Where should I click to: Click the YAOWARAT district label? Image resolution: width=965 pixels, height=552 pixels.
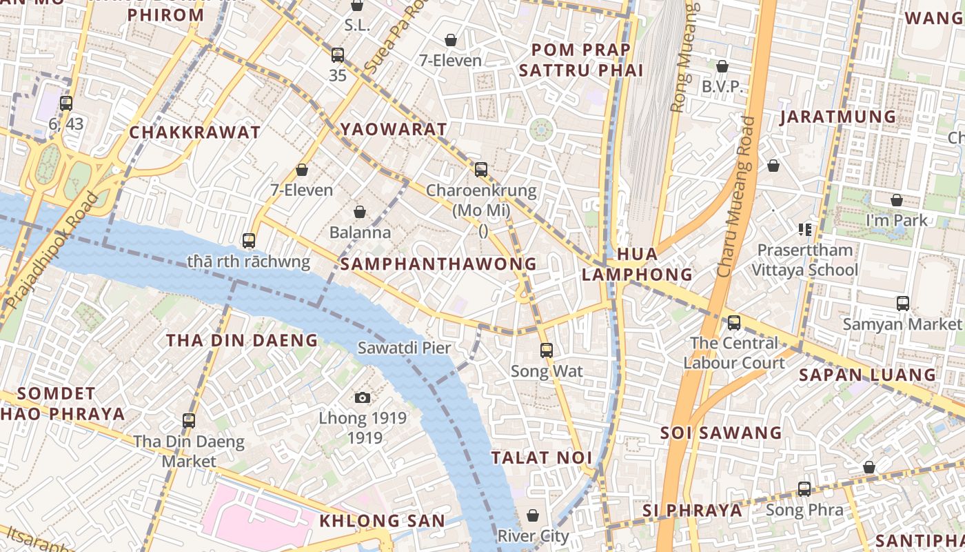[394, 129]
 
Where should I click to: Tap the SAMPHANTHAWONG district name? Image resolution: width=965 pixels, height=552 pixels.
[438, 264]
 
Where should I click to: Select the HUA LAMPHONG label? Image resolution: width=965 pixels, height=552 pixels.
[637, 264]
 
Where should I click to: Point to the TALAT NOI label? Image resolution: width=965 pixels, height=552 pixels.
[542, 457]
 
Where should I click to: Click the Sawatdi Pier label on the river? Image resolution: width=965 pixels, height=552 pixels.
[404, 348]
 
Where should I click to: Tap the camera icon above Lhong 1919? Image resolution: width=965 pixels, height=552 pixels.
[363, 397]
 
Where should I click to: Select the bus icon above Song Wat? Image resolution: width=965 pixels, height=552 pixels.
[547, 351]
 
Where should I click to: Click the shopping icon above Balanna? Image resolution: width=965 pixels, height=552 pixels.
[359, 212]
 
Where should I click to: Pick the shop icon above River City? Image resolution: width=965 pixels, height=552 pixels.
[533, 515]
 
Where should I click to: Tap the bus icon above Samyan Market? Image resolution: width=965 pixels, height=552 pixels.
[902, 304]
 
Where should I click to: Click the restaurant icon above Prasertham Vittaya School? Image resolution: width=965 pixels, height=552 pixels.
[804, 229]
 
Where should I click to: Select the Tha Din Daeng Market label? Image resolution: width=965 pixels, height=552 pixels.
[189, 451]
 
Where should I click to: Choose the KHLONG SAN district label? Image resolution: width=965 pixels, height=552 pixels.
[382, 521]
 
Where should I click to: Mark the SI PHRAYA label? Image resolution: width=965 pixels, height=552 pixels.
[693, 511]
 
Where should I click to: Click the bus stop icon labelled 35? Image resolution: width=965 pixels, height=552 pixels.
[337, 55]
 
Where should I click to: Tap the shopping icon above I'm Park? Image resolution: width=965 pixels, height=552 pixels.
[896, 201]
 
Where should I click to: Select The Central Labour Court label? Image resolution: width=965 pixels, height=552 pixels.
[734, 353]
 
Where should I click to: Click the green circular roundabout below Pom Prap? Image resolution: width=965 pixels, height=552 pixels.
[541, 129]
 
